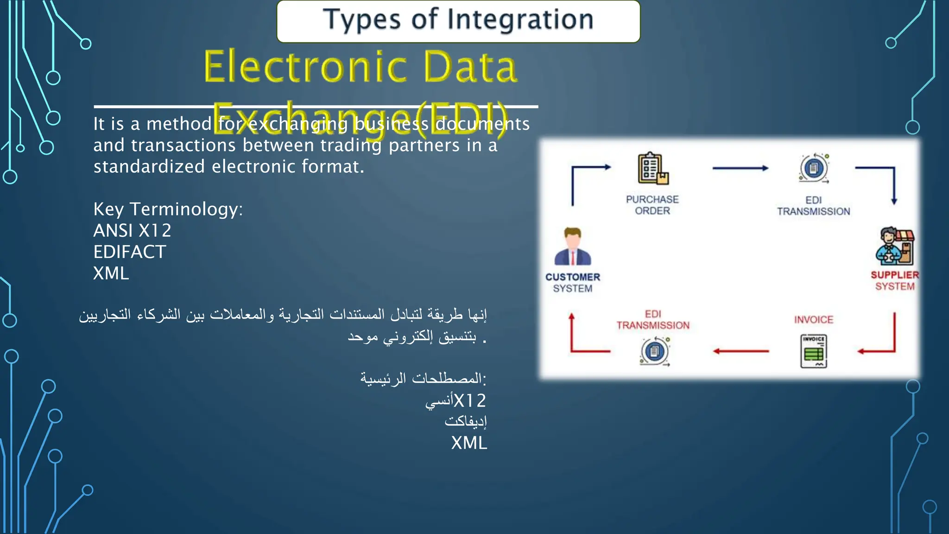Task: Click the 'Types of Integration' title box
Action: [458, 21]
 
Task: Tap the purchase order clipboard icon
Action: [652, 169]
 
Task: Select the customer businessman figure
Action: [573, 247]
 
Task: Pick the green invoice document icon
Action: [814, 351]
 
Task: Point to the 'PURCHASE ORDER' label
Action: [652, 205]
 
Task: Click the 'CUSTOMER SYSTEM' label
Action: [573, 283]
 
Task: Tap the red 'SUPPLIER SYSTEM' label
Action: [895, 280]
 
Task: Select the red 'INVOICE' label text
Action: [814, 319]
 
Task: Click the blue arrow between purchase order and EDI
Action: [740, 168]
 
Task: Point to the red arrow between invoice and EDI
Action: [740, 351]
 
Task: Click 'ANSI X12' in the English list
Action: [132, 230]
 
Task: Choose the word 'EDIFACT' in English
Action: [130, 252]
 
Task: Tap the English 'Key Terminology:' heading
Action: [168, 209]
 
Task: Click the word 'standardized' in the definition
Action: [149, 166]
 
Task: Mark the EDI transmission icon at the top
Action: [814, 168]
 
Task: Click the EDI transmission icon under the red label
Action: [654, 351]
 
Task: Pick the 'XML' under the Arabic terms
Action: [469, 443]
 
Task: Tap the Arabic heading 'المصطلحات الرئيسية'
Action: [423, 379]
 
